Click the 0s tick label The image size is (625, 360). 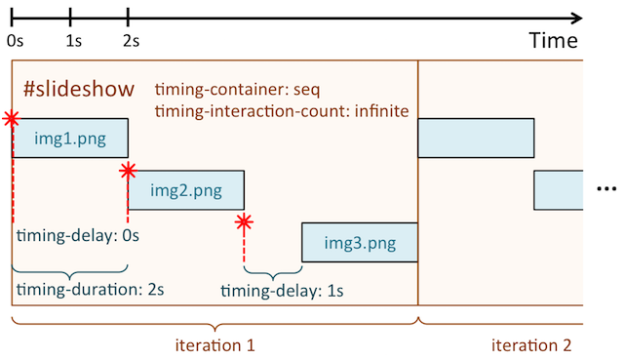16,41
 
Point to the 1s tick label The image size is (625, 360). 73,41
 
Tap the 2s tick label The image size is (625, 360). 131,41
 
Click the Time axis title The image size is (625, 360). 554,41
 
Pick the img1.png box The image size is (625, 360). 70,138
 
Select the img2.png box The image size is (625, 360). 185,189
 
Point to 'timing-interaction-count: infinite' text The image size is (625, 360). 281,110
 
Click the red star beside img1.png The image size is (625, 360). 11,119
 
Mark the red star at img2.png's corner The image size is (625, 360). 128,172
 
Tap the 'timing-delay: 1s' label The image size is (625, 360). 283,291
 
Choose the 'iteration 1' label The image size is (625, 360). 215,344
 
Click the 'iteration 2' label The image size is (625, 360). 532,344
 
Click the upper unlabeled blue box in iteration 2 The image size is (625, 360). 476,138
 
